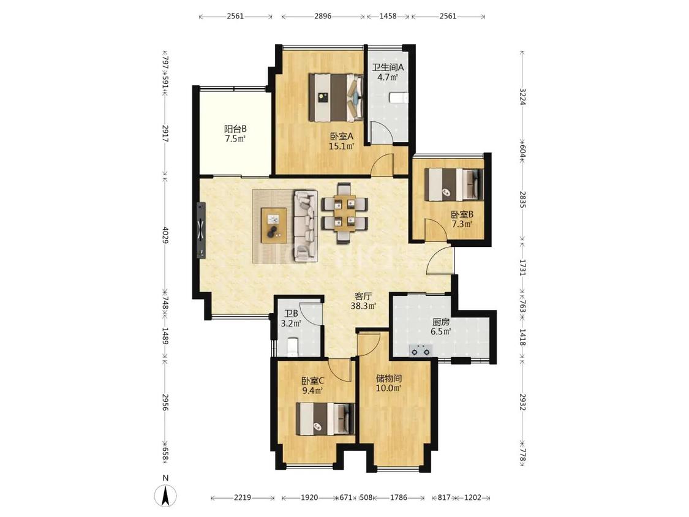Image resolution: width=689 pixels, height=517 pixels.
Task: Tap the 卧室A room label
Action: (x=341, y=136)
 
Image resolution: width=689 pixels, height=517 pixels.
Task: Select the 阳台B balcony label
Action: (x=235, y=129)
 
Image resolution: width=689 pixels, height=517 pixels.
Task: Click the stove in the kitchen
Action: (x=421, y=351)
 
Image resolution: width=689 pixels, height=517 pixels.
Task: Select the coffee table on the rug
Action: (x=274, y=225)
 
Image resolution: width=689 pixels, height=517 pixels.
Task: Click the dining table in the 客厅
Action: (x=344, y=213)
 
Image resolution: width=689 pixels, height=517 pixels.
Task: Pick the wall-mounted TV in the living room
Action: (x=201, y=230)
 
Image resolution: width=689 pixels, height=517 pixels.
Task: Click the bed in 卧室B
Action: (x=454, y=184)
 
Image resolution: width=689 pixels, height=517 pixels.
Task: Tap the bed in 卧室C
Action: (x=325, y=420)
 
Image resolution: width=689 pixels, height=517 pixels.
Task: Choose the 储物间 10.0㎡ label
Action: (x=389, y=383)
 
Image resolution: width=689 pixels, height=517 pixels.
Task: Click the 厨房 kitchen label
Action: (x=441, y=322)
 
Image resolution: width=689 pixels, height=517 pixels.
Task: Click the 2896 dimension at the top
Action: (x=323, y=17)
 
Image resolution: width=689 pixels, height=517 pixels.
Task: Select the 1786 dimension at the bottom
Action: (x=399, y=497)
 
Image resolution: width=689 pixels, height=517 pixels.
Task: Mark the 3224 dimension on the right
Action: (x=522, y=97)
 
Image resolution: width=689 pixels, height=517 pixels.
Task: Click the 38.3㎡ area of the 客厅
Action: (x=363, y=306)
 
